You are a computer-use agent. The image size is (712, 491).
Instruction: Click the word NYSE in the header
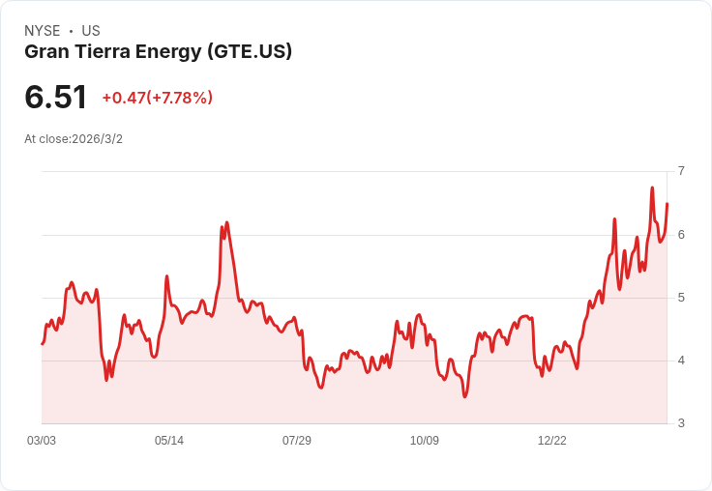click(43, 31)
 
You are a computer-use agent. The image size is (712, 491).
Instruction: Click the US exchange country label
click(91, 31)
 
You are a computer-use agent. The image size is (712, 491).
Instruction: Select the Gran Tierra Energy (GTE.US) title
click(158, 51)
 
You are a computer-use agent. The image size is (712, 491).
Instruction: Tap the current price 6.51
click(56, 97)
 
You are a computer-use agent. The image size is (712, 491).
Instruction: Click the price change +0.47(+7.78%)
click(157, 98)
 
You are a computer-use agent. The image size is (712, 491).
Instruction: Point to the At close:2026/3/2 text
click(74, 139)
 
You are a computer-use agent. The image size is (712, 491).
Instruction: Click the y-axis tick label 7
click(681, 171)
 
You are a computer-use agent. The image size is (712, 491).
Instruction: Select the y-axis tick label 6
click(681, 235)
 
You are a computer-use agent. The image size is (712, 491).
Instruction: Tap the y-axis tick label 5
click(681, 298)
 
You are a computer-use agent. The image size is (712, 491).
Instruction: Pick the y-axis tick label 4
click(681, 361)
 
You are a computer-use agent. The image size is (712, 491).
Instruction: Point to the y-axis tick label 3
click(681, 423)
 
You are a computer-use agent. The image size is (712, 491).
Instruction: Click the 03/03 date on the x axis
click(42, 441)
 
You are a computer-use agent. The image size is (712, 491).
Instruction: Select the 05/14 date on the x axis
click(169, 441)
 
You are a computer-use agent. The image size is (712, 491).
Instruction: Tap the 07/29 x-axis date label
click(297, 441)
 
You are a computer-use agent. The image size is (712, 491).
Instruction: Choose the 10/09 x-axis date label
click(425, 441)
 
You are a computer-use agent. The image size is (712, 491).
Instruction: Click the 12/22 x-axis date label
click(552, 441)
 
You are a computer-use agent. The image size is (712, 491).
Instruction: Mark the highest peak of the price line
click(652, 188)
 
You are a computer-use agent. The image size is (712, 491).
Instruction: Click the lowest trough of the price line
click(465, 396)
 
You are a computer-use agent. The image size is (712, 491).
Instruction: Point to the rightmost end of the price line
click(667, 203)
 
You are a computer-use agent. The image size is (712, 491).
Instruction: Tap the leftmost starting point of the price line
click(42, 344)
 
